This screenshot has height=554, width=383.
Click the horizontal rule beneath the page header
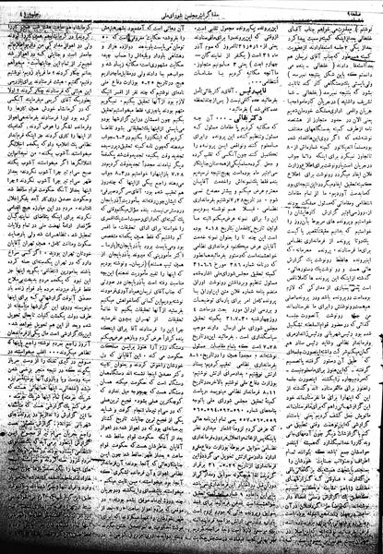tap(191, 14)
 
